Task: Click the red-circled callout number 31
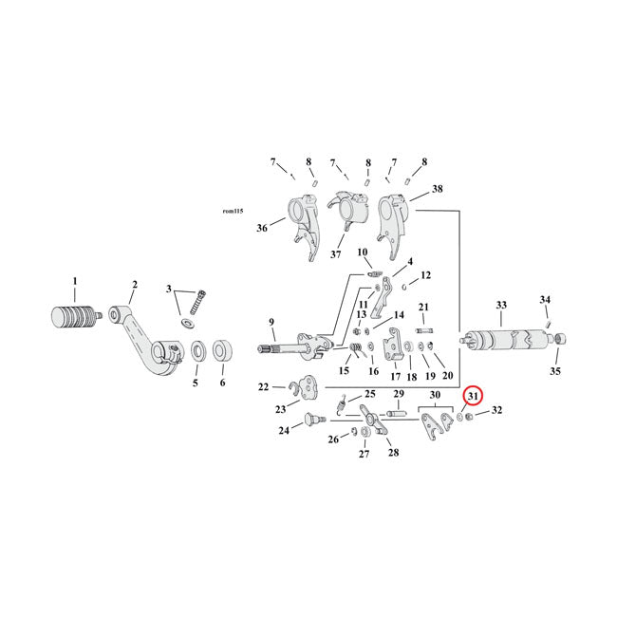pyautogui.click(x=473, y=396)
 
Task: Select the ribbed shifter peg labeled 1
pyautogui.click(x=74, y=316)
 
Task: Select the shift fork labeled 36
pyautogui.click(x=300, y=219)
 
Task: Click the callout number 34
pyautogui.click(x=545, y=300)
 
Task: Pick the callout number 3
pyautogui.click(x=169, y=289)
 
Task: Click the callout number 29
pyautogui.click(x=399, y=394)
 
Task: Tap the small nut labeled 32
pyautogui.click(x=472, y=415)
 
